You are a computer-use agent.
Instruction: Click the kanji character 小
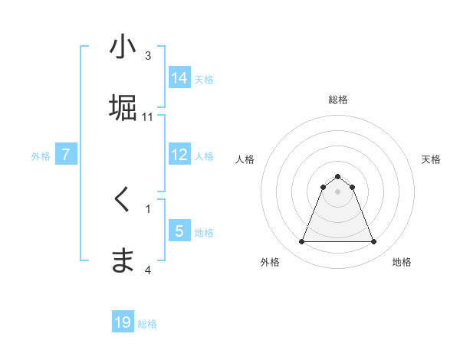pos(123,47)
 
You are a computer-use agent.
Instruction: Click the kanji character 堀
pos(123,108)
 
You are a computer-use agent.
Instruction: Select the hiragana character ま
pos(123,260)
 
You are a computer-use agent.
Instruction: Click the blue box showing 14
pos(179,77)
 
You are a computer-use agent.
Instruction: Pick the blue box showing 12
pos(179,155)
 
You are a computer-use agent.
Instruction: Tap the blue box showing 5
pos(179,231)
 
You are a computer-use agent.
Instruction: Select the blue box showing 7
pos(67,155)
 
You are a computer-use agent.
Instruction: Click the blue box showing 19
pos(123,322)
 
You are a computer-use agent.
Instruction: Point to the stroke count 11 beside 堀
pos(148,116)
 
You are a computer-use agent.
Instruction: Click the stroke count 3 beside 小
pos(148,56)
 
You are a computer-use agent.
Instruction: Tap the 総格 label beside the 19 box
pos(147,324)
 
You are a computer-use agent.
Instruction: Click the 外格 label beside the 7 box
pos(41,156)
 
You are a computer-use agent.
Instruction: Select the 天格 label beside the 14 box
pos(204,79)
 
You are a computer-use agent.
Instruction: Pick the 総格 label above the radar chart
pos(338,100)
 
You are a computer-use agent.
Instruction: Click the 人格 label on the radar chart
pos(245,159)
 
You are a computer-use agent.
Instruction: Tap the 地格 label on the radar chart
pos(402,262)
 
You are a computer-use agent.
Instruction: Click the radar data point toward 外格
pos(301,242)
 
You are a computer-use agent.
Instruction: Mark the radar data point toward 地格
pos(373,242)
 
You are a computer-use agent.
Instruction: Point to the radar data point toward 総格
pos(337,176)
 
